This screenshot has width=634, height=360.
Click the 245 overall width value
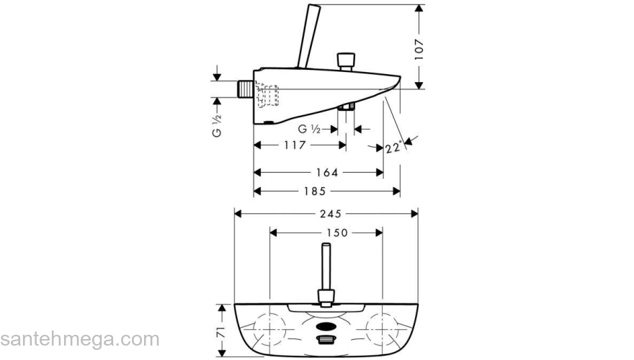coord(332,214)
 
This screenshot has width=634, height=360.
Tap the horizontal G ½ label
coord(310,129)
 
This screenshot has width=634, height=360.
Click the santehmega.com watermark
coord(79,339)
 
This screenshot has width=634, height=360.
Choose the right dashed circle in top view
coord(380,330)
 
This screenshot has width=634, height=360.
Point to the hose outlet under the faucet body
coord(347,108)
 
